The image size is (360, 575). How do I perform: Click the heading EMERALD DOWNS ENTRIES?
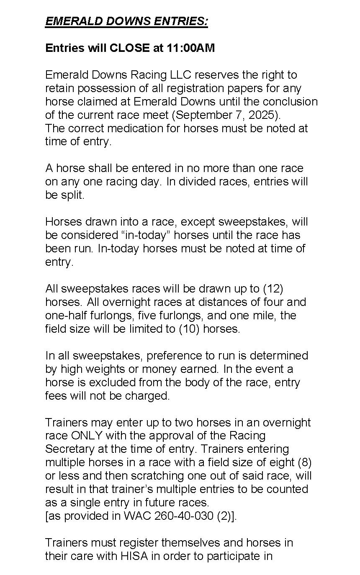point(126,21)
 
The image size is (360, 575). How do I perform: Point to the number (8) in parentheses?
point(304,462)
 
